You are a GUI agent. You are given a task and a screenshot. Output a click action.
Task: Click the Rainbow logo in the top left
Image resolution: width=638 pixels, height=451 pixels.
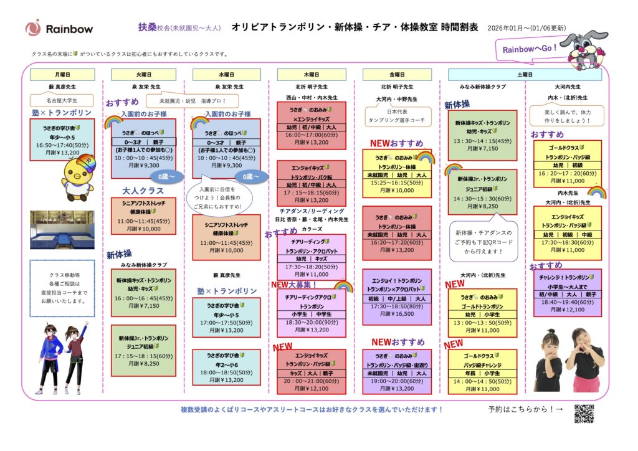[x=59, y=28]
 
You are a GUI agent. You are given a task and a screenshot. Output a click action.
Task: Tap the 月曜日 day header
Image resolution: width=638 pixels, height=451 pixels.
[x=62, y=75]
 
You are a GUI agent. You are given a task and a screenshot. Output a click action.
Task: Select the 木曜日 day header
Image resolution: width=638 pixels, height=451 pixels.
[x=311, y=75]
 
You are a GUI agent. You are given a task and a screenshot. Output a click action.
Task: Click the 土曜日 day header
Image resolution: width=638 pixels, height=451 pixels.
[x=525, y=75]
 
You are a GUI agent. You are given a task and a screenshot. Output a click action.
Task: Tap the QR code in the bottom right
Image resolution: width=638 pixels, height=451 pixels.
[x=584, y=413]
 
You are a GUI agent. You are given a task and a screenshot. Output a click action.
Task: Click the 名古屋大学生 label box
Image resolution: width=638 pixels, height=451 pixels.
[x=62, y=100]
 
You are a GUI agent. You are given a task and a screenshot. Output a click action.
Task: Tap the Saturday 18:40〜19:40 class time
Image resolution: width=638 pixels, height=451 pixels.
[x=567, y=301]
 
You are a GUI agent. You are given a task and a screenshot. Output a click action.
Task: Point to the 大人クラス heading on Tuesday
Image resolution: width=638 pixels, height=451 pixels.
[x=143, y=191]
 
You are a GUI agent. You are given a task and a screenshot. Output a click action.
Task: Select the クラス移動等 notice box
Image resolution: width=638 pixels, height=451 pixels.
[x=62, y=288]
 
